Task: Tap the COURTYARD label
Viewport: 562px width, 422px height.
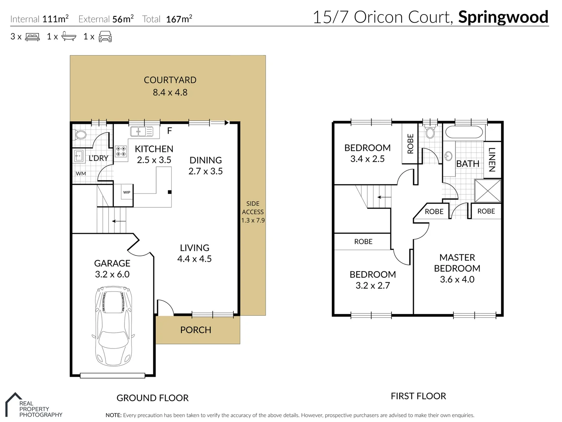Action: coord(170,80)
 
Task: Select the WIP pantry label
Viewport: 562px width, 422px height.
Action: coord(127,192)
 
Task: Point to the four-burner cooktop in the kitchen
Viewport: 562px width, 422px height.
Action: coord(121,152)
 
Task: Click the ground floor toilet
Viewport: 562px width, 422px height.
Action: coord(80,135)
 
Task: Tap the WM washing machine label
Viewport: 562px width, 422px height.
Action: coord(81,173)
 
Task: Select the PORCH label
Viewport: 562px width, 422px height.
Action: coord(196,330)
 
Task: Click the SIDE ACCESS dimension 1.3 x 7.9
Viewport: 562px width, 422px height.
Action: coord(253,220)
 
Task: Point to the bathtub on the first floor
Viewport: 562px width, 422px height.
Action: coord(464,132)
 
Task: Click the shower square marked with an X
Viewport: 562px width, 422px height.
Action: coord(487,191)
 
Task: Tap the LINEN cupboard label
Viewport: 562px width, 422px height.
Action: coord(492,159)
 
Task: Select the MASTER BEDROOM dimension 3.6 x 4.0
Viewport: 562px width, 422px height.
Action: coord(457,279)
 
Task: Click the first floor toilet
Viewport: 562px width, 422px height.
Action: coord(430,133)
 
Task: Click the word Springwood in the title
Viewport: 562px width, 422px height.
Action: coord(503,17)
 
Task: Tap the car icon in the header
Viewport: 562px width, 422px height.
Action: coord(105,37)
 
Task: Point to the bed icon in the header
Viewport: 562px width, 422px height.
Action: coord(32,37)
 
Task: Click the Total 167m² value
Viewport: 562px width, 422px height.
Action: coord(179,19)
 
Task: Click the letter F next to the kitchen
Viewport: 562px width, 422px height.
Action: coord(169,131)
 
